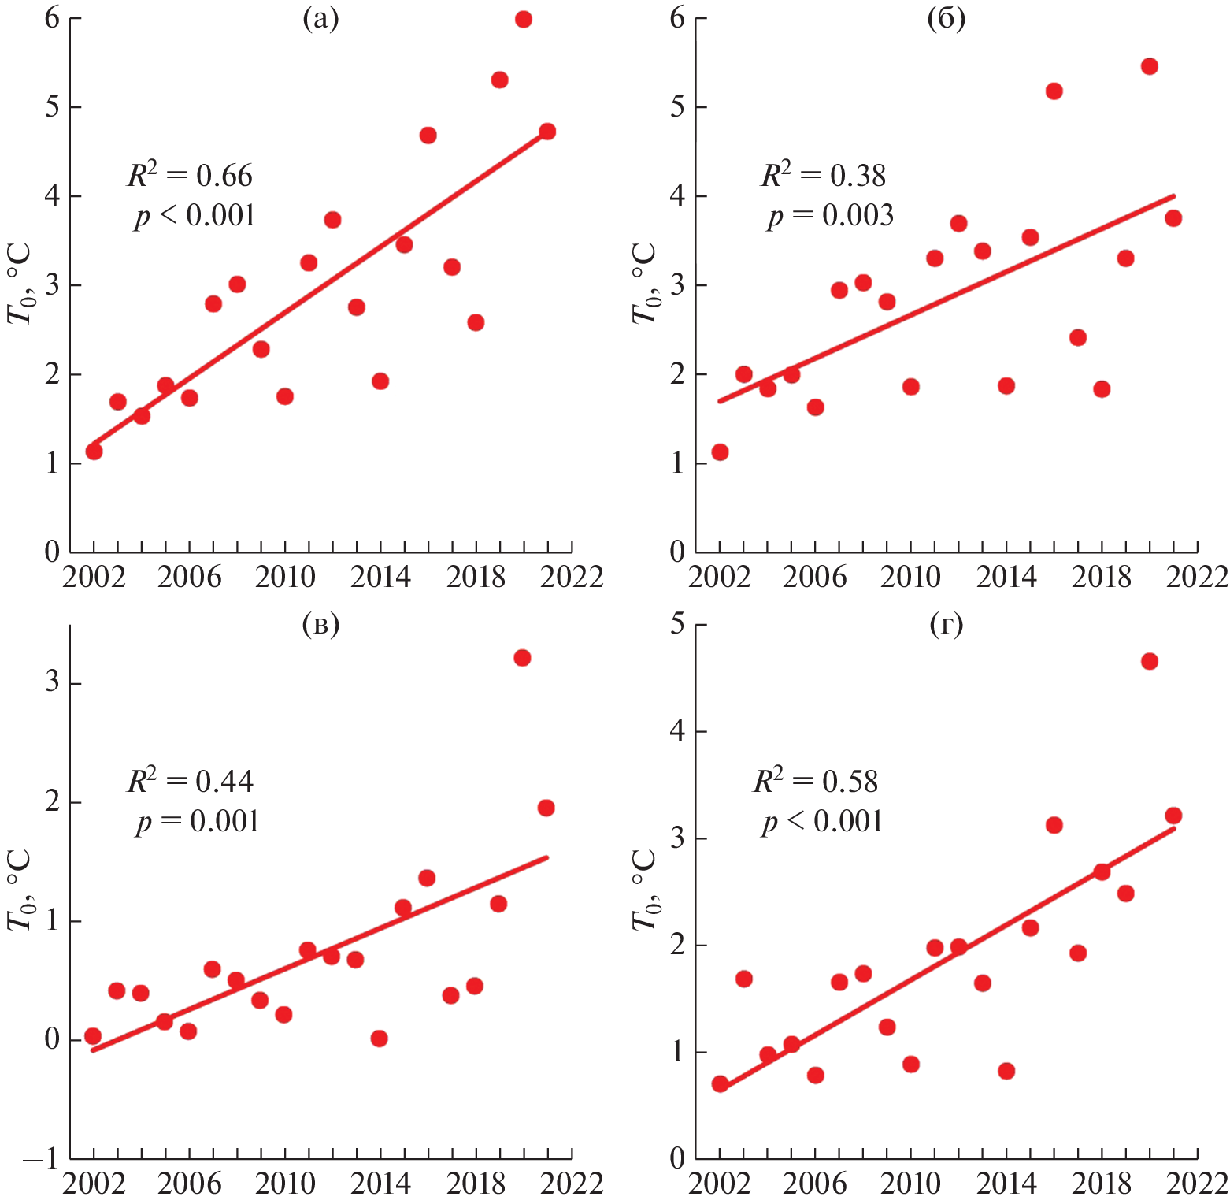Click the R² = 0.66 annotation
pos(191,175)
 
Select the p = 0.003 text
pos(830,215)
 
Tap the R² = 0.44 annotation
pos(191,781)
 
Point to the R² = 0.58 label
pos(815,781)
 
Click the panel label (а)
pos(320,19)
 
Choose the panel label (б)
pos(946,19)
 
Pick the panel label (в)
pos(320,625)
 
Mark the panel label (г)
pos(946,625)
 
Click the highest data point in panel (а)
pos(524,19)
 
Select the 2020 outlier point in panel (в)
pos(522,658)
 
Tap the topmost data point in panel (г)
pos(1149,661)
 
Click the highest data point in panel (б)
pos(1149,66)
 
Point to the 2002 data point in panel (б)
pos(720,451)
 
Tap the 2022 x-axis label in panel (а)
pos(572,578)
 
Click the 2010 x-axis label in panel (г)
pos(910,1184)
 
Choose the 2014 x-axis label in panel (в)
pos(380,1184)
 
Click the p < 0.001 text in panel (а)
pos(195,215)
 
